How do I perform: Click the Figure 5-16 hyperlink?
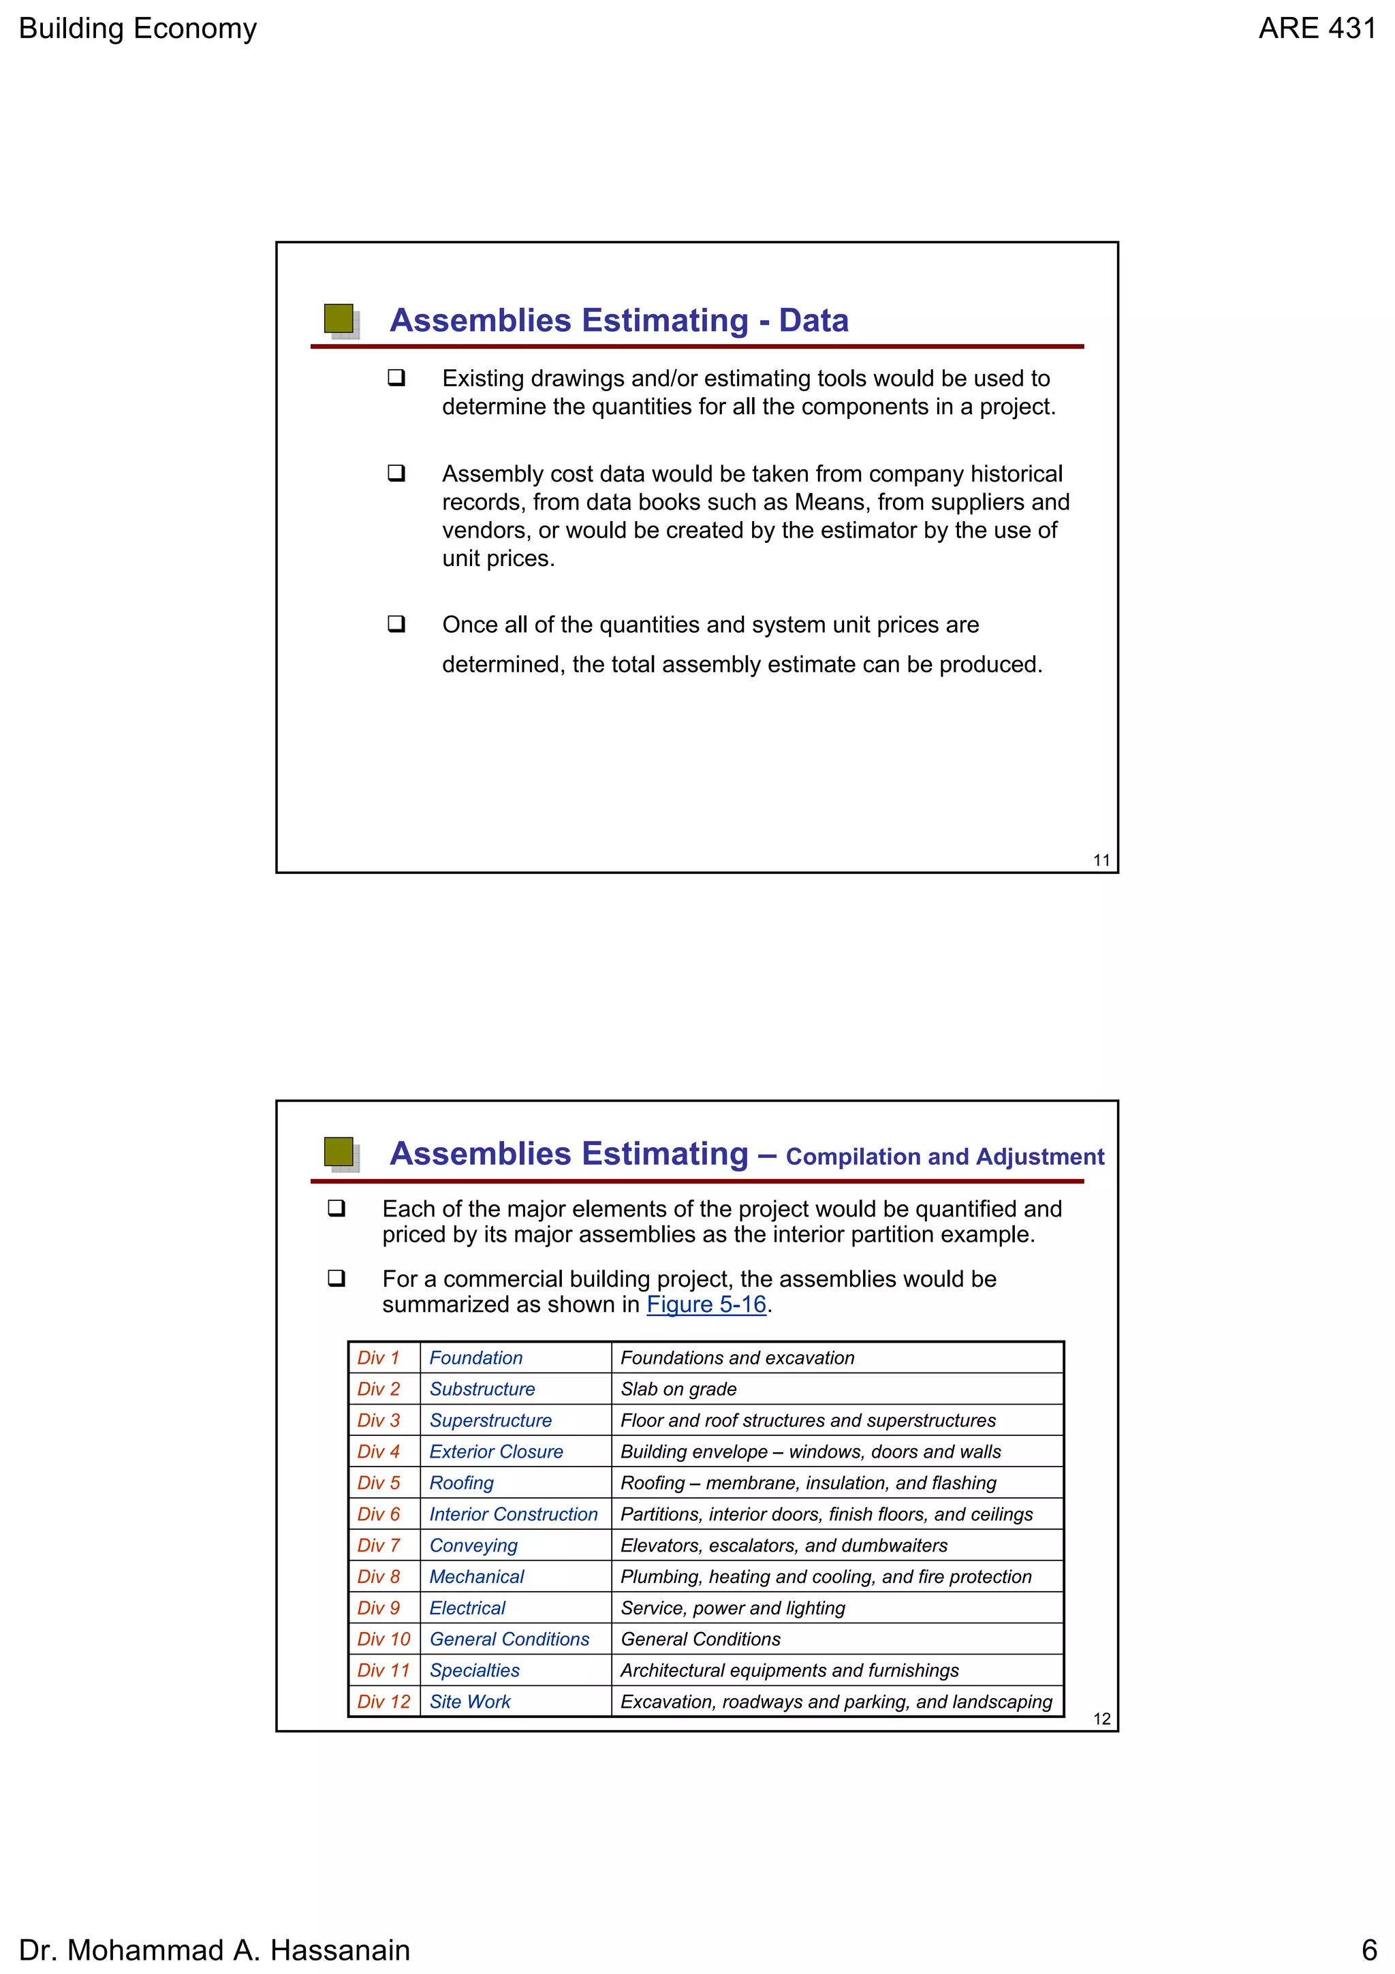(706, 1305)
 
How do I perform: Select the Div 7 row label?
(378, 1546)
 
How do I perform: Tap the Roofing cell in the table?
(462, 1483)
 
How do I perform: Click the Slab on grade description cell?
(678, 1390)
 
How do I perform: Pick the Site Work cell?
(469, 1702)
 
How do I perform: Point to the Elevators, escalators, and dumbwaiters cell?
(783, 1546)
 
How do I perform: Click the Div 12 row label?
(383, 1702)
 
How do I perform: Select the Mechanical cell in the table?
(476, 1577)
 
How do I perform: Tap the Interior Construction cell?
(513, 1515)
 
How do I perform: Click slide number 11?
(1101, 860)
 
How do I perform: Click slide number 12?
(1101, 1719)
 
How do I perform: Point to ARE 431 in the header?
(1317, 29)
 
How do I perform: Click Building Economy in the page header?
(138, 29)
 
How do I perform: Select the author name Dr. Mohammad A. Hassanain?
(214, 1950)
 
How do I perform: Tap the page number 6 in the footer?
(1368, 1950)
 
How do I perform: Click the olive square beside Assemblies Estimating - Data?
(339, 318)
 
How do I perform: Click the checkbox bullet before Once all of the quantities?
(396, 623)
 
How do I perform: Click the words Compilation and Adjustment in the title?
(945, 1157)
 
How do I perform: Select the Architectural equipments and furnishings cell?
(789, 1670)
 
